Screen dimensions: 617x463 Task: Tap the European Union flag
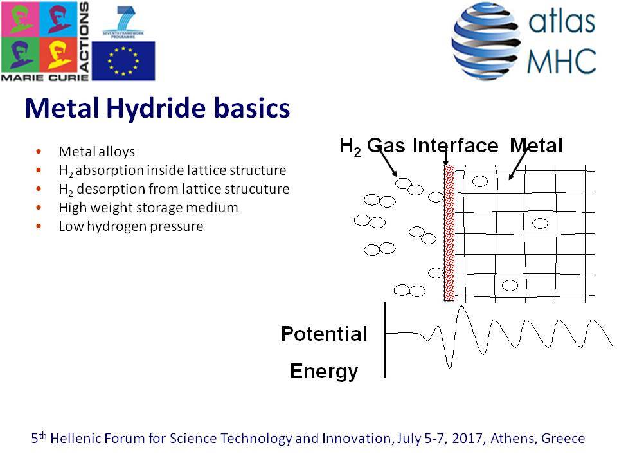click(123, 61)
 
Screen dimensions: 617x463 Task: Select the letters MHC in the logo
click(562, 61)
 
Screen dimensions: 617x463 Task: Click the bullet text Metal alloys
click(97, 152)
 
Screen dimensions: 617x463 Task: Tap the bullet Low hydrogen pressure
click(131, 226)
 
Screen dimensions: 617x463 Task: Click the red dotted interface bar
click(449, 233)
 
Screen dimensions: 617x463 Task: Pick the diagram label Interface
click(455, 146)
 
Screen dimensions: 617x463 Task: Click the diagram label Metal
click(536, 146)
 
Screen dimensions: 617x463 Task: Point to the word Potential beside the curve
click(324, 334)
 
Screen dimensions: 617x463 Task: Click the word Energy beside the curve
click(324, 371)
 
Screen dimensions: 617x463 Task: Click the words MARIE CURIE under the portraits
click(44, 77)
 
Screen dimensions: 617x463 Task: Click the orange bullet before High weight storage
click(39, 208)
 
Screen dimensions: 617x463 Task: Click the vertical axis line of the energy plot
click(384, 341)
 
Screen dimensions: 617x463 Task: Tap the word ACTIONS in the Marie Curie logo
click(84, 37)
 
